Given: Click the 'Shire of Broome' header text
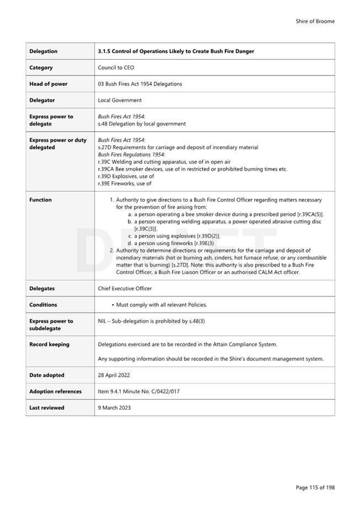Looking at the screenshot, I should point(315,21).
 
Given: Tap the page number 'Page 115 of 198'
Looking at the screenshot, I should point(315,488).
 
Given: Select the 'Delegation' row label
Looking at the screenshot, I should point(43,51).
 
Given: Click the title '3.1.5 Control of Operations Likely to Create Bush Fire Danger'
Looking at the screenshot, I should point(176,51).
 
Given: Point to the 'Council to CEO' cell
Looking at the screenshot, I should point(116,68).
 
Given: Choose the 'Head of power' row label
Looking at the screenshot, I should point(49,84).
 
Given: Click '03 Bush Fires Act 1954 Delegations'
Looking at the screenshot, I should point(140,84).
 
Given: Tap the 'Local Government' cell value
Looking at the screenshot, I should point(120,100).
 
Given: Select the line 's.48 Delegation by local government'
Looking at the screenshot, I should point(142,124).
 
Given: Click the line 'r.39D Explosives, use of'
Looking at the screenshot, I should point(126,176).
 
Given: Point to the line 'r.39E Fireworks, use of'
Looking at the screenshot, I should point(125,183).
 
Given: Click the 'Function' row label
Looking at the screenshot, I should point(40,200).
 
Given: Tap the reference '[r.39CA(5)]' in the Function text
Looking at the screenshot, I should point(310,214).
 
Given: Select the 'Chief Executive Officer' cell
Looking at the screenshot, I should point(125,288).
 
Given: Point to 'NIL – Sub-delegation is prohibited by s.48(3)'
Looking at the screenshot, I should point(151,321).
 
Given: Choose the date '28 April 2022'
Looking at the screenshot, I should point(114,375).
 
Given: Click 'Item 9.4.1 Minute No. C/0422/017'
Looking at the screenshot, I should point(138,392).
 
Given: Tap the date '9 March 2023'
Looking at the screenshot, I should point(114,408).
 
